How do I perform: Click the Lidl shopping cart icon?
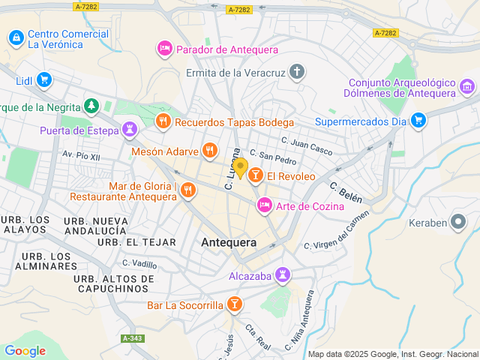(43, 79)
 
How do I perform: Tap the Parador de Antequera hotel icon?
(165, 49)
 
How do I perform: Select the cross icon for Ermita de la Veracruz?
(298, 73)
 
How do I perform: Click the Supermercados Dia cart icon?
(418, 120)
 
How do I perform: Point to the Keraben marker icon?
(457, 222)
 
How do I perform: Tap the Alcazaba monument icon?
(283, 275)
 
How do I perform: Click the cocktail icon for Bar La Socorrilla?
(235, 304)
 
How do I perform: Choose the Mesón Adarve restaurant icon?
(210, 151)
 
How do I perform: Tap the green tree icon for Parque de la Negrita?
(91, 106)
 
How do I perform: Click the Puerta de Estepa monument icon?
(130, 130)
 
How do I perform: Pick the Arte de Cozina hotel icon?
(264, 205)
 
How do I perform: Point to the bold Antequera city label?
(229, 242)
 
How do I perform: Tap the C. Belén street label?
(346, 193)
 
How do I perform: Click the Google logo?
(25, 350)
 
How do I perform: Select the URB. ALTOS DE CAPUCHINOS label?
(114, 283)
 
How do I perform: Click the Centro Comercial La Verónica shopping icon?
(16, 37)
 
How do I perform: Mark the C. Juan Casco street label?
(306, 145)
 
